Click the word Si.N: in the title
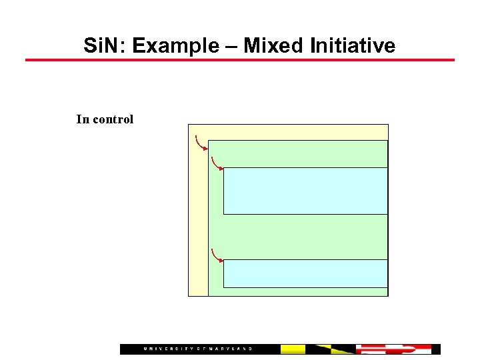105,46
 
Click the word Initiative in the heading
353,46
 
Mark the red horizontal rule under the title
240,60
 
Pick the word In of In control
83,119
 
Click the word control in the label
113,119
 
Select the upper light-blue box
305,191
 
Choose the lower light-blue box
305,273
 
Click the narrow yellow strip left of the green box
198,220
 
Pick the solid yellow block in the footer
293,349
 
